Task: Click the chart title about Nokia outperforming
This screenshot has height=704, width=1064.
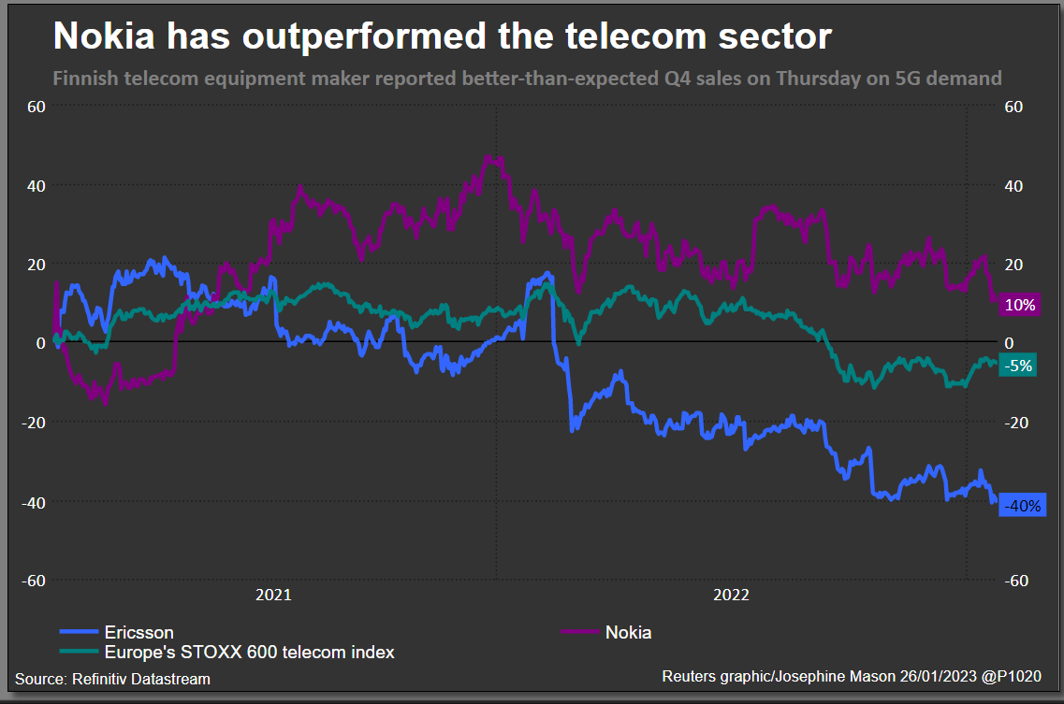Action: [442, 36]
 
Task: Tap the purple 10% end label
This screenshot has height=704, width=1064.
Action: [1019, 305]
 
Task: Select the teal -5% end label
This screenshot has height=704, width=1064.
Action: [1017, 366]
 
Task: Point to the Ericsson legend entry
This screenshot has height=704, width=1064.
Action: [138, 633]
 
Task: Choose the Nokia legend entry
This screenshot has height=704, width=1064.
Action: [628, 633]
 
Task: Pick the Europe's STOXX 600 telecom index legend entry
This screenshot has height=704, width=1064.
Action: [249, 652]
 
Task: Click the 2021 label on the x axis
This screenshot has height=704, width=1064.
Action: [273, 595]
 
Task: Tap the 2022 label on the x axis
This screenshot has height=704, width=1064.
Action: [731, 595]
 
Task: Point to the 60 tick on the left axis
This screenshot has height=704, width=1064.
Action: [36, 107]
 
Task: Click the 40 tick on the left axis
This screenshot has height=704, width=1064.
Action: [36, 186]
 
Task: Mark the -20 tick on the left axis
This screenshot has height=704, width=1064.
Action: [34, 423]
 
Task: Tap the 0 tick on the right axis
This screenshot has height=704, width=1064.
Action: [1009, 343]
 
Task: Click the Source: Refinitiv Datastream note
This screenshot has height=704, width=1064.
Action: [112, 679]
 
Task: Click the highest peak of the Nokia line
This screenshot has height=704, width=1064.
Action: [488, 156]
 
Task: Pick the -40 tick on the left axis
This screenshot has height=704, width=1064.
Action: [34, 502]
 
